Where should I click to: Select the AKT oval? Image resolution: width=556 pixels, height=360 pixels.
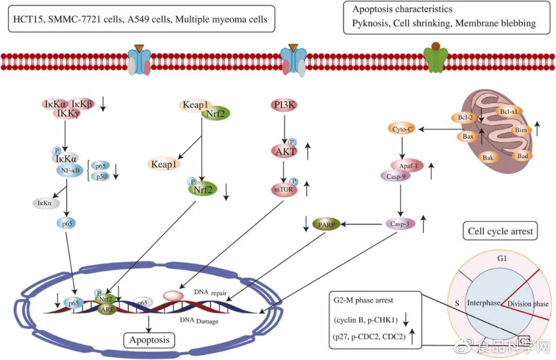tap(285, 151)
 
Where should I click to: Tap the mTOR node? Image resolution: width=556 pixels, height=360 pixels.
tap(285, 189)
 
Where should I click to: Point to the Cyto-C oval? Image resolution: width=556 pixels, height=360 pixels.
tap(402, 129)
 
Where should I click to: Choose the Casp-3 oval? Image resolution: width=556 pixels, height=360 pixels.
tap(400, 224)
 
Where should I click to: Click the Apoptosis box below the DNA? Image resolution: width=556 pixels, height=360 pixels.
tap(149, 340)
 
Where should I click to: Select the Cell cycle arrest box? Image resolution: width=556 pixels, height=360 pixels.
tap(500, 231)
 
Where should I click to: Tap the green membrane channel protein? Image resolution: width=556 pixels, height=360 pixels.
tap(435, 60)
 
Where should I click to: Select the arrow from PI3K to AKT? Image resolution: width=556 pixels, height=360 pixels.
tap(285, 128)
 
